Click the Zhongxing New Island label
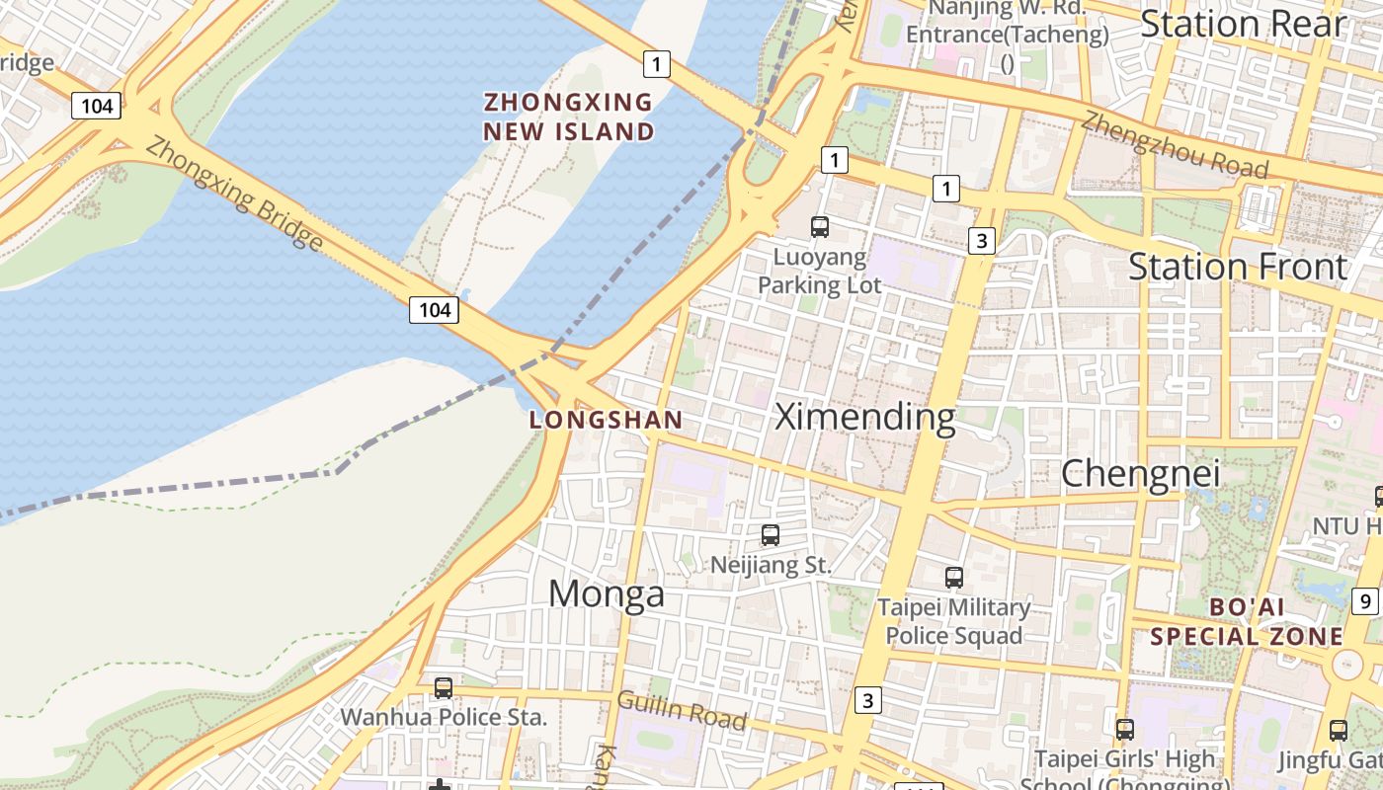[569, 117]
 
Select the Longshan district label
[606, 420]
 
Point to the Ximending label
[865, 417]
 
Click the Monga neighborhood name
[607, 593]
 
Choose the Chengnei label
[1141, 474]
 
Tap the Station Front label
[1238, 267]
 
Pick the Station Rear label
[1244, 24]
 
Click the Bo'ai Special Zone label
[1247, 621]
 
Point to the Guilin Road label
[682, 710]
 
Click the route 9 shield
[1364, 600]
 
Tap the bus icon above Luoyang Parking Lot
[820, 227]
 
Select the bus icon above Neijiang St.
[771, 535]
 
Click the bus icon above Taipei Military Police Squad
[954, 578]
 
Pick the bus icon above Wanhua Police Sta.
[444, 687]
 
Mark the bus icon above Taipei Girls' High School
[1124, 730]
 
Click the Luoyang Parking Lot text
[819, 272]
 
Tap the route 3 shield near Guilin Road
[867, 700]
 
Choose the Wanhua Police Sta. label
[444, 717]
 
